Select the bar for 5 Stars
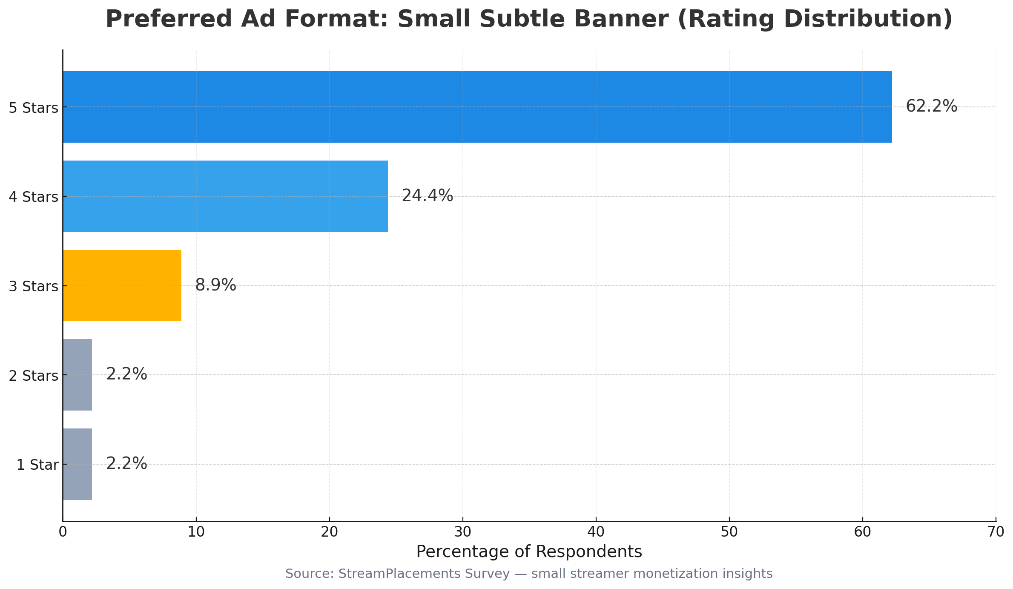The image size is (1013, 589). click(x=477, y=107)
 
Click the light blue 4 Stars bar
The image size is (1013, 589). click(x=225, y=196)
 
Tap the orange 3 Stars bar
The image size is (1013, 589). click(x=122, y=285)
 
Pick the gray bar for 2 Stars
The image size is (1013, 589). click(x=77, y=375)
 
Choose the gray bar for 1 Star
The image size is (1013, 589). click(x=77, y=464)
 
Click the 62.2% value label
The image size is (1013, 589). click(x=931, y=106)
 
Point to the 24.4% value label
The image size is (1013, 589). click(x=427, y=196)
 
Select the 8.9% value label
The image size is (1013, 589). click(x=215, y=285)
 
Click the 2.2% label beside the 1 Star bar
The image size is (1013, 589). click(x=126, y=464)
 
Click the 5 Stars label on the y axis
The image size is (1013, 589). click(x=34, y=108)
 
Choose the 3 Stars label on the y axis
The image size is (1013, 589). click(x=34, y=287)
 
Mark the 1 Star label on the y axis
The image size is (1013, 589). click(x=37, y=465)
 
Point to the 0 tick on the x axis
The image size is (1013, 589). click(x=63, y=532)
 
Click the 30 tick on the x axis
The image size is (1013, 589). click(x=463, y=532)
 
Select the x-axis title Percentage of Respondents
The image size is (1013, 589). click(x=529, y=552)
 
